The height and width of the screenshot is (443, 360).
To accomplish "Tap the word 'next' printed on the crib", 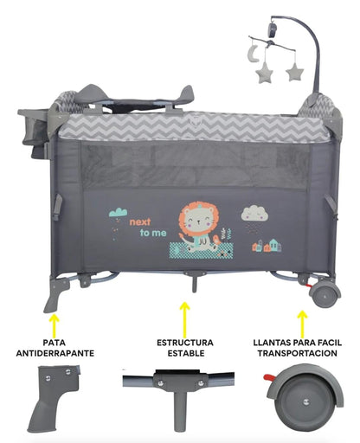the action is tap(140, 222).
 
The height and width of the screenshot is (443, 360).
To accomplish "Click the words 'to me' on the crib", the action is tap(153, 233).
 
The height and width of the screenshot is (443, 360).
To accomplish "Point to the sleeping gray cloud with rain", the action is tap(254, 215).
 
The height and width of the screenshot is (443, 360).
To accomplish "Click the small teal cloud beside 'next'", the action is tap(118, 213).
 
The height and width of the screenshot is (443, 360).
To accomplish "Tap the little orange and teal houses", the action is tap(267, 246).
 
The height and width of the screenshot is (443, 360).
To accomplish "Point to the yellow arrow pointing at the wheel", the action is tap(302, 324).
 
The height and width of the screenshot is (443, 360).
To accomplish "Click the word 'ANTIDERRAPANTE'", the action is tap(55, 353).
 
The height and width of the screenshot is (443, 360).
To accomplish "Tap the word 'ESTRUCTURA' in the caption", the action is tap(185, 343).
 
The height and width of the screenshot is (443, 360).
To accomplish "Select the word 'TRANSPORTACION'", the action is tap(298, 353).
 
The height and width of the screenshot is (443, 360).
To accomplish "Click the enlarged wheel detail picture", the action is tap(304, 399).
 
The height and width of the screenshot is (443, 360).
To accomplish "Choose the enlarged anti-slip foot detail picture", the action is tap(55, 399).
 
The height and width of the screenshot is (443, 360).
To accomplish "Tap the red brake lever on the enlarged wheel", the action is tap(269, 377).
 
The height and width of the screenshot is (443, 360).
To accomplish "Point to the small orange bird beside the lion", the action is tap(216, 240).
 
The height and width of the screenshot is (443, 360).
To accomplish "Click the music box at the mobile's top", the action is tap(273, 29).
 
